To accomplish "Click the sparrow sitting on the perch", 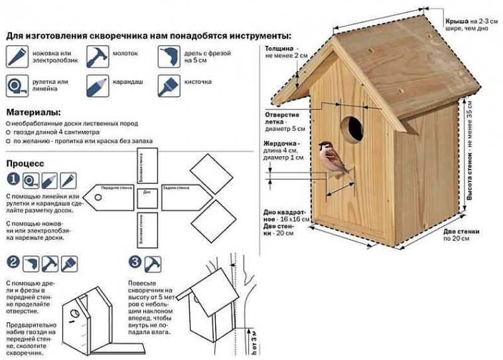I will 333,157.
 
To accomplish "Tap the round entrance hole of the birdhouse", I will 352,128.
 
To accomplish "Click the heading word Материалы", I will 33,113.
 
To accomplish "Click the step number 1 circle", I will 13,179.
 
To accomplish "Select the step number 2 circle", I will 12,263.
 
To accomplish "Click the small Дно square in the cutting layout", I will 147,193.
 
